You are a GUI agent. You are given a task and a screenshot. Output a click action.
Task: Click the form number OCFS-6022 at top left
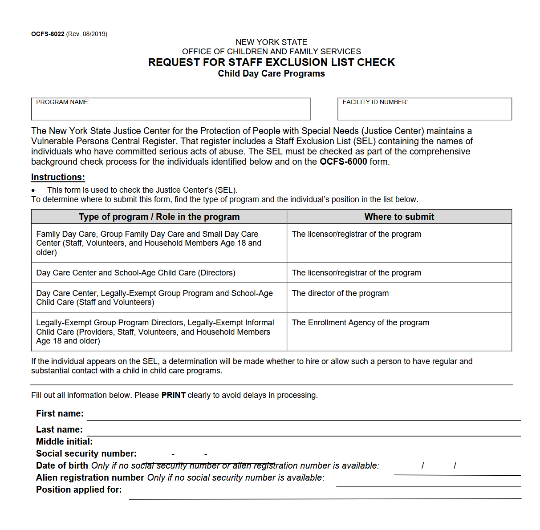coord(48,34)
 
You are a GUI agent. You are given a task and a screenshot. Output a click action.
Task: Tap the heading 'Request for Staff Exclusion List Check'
coord(271,62)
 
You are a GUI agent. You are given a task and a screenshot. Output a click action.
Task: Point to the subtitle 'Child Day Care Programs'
coord(271,74)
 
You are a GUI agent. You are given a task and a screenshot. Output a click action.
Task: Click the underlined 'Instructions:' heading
coord(58,177)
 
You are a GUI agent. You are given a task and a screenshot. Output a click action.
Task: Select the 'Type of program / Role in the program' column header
coord(159,217)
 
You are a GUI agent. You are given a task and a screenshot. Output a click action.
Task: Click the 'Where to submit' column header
coord(399,217)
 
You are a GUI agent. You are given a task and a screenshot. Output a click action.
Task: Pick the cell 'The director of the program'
coord(340,293)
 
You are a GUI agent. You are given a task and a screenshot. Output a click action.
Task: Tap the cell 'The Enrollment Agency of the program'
coord(361,323)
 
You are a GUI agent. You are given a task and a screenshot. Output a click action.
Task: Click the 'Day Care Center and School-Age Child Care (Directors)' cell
coord(136,273)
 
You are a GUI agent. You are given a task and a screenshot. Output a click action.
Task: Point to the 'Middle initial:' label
coord(65,441)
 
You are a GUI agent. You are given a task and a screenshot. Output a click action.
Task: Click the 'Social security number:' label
coord(86,453)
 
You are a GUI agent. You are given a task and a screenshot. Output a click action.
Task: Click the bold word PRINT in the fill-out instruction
coord(173,395)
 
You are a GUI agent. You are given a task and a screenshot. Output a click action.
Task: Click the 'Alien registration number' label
coord(90,477)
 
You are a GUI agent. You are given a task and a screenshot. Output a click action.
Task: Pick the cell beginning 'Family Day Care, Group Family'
coord(149,243)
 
